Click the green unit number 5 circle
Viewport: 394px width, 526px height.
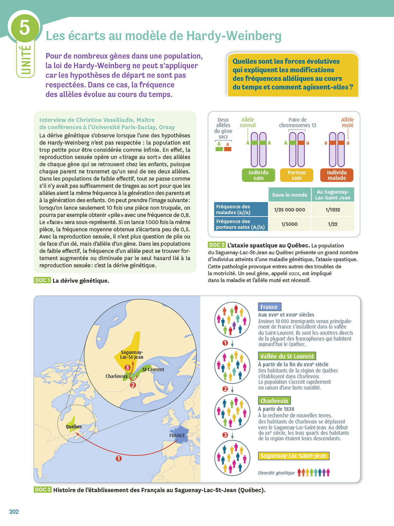(25, 28)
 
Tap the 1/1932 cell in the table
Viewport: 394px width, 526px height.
(333, 210)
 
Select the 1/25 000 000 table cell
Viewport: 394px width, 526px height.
(290, 210)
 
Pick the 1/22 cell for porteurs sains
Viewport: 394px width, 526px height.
(333, 224)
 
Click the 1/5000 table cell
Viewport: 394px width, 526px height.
(290, 224)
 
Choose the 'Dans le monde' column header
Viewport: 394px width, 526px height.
(290, 195)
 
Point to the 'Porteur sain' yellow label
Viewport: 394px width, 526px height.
(297, 175)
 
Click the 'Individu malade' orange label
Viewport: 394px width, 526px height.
(337, 175)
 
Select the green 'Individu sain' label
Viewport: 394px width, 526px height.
(258, 175)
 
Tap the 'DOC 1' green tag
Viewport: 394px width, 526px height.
(42, 280)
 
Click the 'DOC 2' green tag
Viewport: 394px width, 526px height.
(217, 245)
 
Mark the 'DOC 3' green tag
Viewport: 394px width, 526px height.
(43, 490)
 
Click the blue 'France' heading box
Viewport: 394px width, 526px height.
(269, 307)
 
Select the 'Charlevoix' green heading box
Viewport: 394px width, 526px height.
(275, 400)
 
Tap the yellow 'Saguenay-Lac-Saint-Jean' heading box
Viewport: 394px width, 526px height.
(293, 456)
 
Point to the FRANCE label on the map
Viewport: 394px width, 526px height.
(177, 436)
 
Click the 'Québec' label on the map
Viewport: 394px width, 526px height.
(74, 427)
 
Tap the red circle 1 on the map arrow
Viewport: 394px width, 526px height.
(119, 458)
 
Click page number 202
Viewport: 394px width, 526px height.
(14, 512)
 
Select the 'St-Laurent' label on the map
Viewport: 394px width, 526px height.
(153, 369)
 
